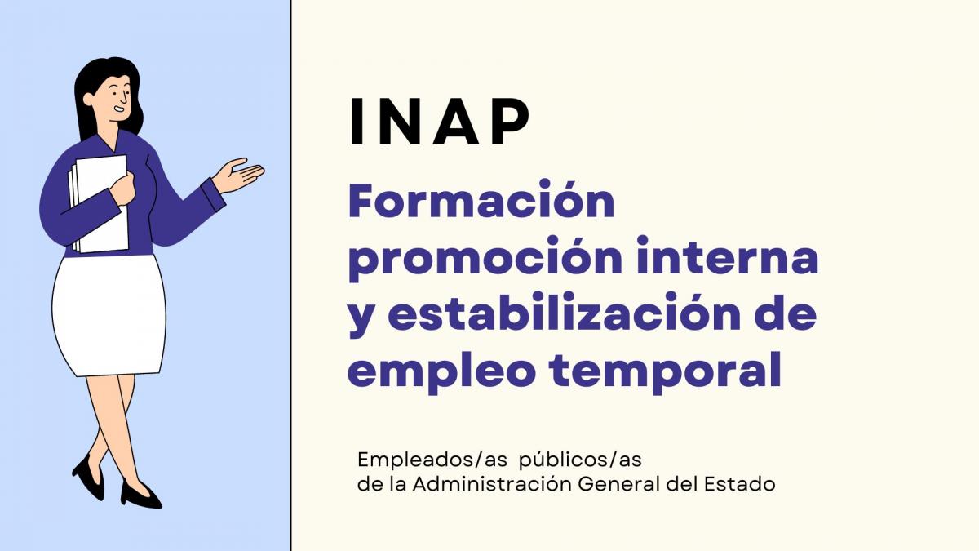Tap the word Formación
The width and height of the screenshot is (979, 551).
pyautogui.click(x=481, y=202)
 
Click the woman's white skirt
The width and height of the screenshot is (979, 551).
pyautogui.click(x=108, y=314)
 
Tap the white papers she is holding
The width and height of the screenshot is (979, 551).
pyautogui.click(x=100, y=204)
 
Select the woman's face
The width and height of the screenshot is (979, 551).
pyautogui.click(x=115, y=96)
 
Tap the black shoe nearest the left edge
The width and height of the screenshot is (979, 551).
pyautogui.click(x=88, y=478)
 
